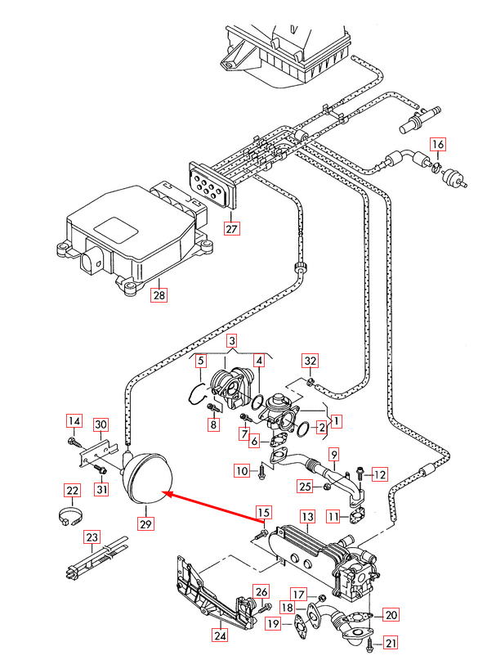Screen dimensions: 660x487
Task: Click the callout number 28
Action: [158, 296]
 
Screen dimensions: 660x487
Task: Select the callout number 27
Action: [231, 228]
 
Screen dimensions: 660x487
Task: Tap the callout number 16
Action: [439, 145]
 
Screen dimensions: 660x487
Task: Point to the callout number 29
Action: [145, 522]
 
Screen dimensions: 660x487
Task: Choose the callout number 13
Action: [306, 517]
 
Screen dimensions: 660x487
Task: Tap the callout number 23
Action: [92, 537]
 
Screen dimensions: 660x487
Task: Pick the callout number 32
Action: [310, 361]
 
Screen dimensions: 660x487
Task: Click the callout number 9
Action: [333, 454]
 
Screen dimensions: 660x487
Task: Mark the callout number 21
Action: [390, 642]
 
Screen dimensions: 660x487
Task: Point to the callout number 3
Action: [231, 340]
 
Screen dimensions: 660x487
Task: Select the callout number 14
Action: [74, 421]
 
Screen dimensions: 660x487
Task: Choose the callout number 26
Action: [261, 590]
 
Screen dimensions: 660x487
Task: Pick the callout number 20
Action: [391, 614]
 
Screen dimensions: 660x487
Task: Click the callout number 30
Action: [101, 424]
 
